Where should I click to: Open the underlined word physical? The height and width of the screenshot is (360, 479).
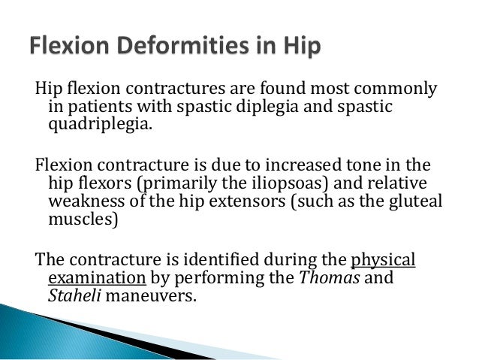tap(383, 259)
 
